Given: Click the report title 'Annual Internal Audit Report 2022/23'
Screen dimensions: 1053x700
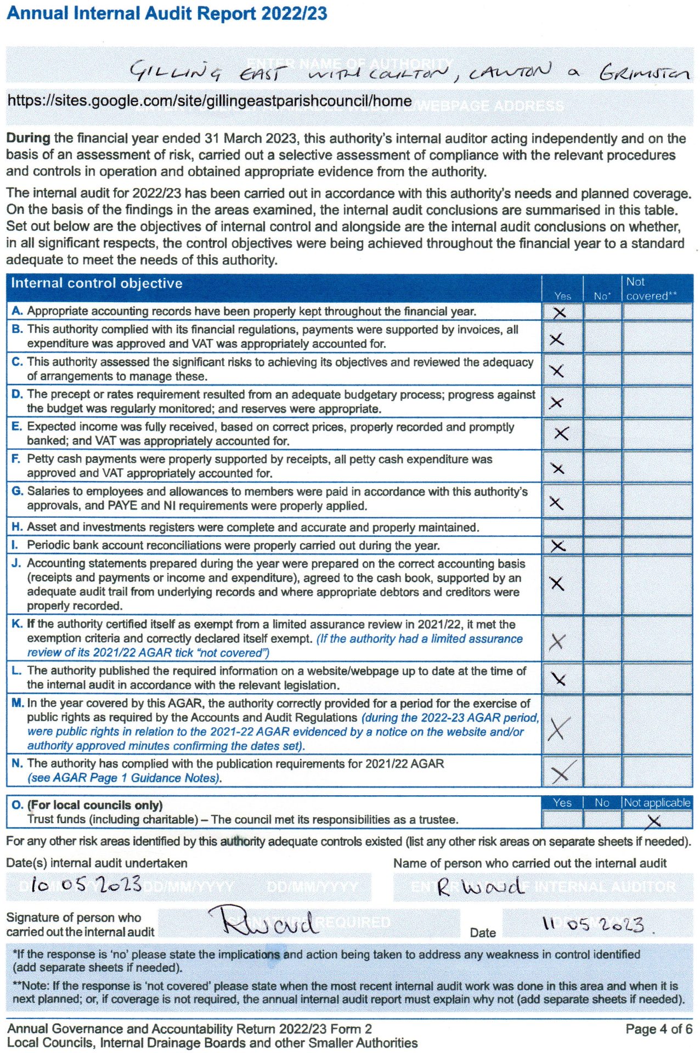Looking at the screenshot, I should [167, 13].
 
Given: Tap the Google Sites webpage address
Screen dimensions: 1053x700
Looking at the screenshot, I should [209, 101].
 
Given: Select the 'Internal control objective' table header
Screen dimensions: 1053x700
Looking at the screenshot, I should [97, 284].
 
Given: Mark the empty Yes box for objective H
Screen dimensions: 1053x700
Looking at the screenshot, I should [562, 527].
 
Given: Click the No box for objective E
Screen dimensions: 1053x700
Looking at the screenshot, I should [602, 434].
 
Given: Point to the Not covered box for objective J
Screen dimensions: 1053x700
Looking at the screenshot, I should [657, 584].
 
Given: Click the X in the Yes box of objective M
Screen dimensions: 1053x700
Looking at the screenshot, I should [556, 729].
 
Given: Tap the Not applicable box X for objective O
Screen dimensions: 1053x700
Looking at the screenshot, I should [653, 821].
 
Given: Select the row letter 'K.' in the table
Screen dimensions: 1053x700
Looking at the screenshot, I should [17, 624].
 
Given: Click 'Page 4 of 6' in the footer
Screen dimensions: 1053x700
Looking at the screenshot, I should [658, 1029].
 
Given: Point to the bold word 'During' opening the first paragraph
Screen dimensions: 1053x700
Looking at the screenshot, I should [28, 138].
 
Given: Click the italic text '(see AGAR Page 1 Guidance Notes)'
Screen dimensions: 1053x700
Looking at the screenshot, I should [125, 778].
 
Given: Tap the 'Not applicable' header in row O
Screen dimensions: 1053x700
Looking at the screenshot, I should [657, 802].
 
